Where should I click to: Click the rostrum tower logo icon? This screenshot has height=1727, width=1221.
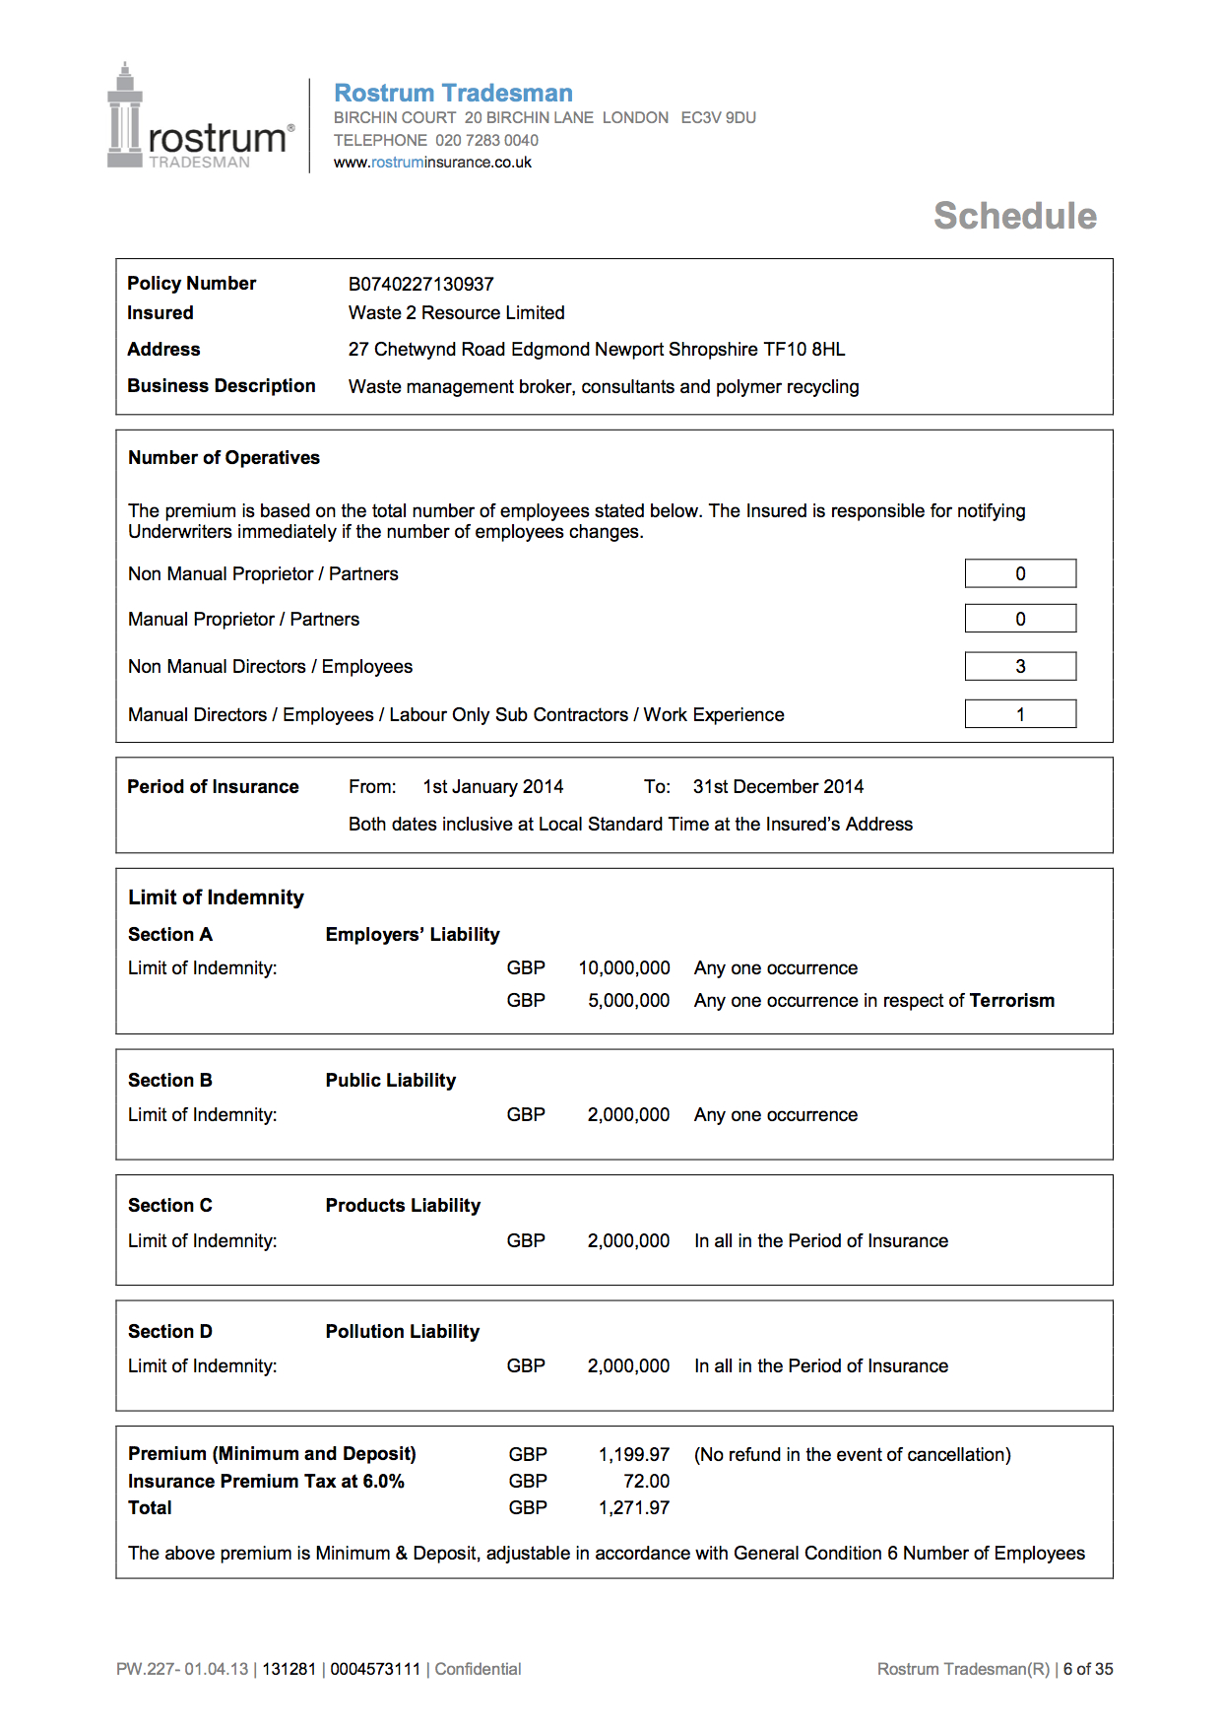125,116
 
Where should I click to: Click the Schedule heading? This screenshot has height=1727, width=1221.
1014,216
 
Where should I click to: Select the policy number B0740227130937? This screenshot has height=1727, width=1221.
420,284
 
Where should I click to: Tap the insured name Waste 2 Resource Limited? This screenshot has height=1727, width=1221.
456,313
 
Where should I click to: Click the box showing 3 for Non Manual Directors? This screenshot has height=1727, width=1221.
1020,667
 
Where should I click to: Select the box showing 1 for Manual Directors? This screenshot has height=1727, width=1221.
1020,714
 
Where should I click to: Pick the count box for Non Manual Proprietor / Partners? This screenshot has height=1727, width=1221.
1020,573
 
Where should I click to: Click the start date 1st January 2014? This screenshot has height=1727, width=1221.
492,787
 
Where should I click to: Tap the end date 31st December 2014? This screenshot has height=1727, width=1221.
778,787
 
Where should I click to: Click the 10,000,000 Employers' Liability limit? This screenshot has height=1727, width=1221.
624,968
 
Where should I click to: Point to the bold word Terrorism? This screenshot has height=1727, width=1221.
1011,1001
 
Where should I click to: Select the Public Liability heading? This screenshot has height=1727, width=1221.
391,1081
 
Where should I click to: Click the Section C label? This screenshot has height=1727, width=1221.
170,1206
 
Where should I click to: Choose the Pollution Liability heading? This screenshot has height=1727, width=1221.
403,1332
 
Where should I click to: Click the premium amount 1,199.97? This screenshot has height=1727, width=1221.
634,1455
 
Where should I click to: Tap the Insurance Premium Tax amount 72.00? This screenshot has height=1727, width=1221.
646,1482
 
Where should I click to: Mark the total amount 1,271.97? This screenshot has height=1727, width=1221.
634,1508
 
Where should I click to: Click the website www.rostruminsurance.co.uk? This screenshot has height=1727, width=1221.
432,163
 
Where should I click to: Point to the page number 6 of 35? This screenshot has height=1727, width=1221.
1088,1669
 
